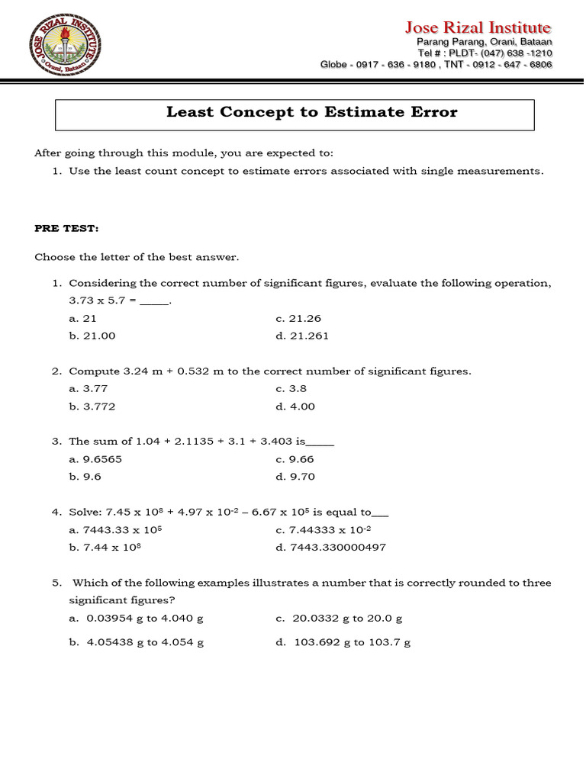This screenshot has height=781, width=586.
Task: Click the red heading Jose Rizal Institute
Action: pyautogui.click(x=478, y=27)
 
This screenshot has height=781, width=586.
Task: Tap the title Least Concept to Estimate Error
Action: pyautogui.click(x=311, y=113)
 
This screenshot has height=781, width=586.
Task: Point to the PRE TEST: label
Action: pyautogui.click(x=66, y=229)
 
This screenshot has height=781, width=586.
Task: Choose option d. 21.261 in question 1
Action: pyautogui.click(x=302, y=336)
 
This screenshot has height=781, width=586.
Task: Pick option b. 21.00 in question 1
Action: pyautogui.click(x=92, y=336)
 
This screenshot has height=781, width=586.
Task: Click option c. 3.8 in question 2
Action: pyautogui.click(x=291, y=388)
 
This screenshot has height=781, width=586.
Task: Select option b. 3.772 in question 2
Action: pyautogui.click(x=92, y=407)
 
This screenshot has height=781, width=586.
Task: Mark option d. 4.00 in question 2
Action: pyautogui.click(x=295, y=407)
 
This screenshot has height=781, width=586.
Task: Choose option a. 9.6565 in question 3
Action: pyautogui.click(x=95, y=459)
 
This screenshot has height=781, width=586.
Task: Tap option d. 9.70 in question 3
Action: pyautogui.click(x=295, y=477)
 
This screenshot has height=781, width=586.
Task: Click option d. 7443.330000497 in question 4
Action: pyautogui.click(x=331, y=548)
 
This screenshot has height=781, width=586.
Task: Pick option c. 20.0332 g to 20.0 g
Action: pyautogui.click(x=340, y=619)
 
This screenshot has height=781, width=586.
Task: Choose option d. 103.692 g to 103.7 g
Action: pyautogui.click(x=343, y=642)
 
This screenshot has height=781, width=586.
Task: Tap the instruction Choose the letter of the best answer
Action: pyautogui.click(x=137, y=257)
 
